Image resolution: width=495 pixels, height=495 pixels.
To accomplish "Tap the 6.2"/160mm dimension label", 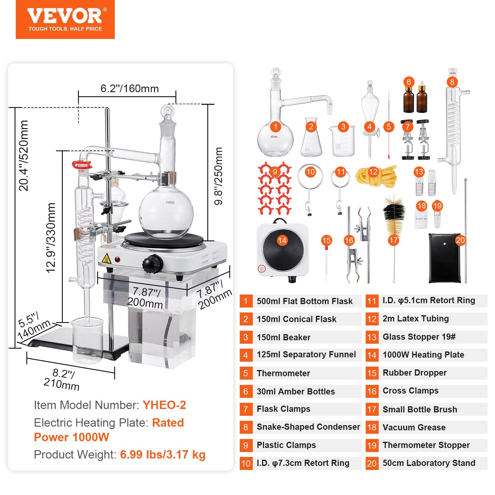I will pyautogui.click(x=129, y=89).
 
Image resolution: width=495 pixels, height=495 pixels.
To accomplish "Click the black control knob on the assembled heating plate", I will pyautogui.click(x=152, y=264).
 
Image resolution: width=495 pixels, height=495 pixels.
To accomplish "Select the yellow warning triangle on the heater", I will pyautogui.click(x=106, y=258).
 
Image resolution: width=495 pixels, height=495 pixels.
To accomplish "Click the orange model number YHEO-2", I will pyautogui.click(x=164, y=405).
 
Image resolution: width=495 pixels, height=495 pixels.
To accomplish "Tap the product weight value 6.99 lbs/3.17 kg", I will pyautogui.click(x=163, y=454).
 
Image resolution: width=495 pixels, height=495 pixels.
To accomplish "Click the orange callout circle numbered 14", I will pyautogui.click(x=282, y=241).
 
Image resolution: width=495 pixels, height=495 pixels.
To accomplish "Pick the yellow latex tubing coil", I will pyautogui.click(x=376, y=176).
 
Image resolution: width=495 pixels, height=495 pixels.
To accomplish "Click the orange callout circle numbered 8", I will pyautogui.click(x=452, y=82).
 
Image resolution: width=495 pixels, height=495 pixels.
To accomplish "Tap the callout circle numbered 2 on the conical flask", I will pyautogui.click(x=311, y=127).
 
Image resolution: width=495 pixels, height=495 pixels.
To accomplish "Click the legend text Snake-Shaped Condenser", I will pyautogui.click(x=308, y=427).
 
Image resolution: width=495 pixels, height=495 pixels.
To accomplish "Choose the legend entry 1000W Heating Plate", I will pyautogui.click(x=423, y=355).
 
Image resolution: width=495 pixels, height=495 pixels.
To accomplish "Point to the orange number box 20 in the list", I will pyautogui.click(x=372, y=463).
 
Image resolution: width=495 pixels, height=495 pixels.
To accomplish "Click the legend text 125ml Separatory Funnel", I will pyautogui.click(x=306, y=355).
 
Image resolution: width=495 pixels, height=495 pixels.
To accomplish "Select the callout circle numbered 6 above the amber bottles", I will pyautogui.click(x=409, y=82).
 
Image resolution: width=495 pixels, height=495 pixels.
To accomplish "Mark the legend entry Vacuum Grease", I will pyautogui.click(x=414, y=427).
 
